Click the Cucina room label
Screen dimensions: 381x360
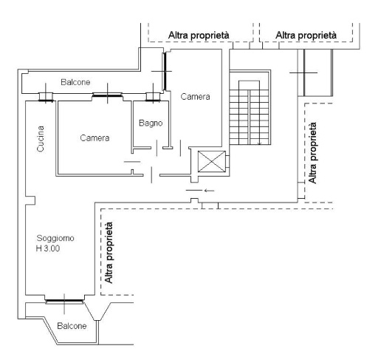click(x=41, y=139)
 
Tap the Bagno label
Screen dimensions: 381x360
click(x=151, y=123)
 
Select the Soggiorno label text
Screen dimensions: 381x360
click(x=55, y=238)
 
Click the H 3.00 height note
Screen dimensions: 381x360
click(x=48, y=248)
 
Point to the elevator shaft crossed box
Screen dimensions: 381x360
click(x=212, y=161)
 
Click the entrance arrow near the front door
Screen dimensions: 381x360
click(x=210, y=190)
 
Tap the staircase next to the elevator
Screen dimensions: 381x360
click(x=250, y=108)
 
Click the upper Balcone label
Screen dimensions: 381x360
click(x=75, y=82)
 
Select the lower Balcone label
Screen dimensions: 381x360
click(x=72, y=326)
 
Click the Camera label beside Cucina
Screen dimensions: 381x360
click(x=95, y=137)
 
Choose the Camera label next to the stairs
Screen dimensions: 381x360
click(x=195, y=96)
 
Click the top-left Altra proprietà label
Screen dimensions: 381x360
click(x=199, y=35)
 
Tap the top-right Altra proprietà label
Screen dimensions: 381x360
click(x=306, y=35)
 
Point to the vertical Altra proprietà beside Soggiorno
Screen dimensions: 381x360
click(x=109, y=253)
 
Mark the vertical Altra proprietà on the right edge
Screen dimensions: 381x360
click(x=312, y=153)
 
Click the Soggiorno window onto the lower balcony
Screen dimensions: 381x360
click(x=64, y=301)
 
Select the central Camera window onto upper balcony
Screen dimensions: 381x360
click(x=107, y=95)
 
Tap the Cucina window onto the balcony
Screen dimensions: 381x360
click(x=46, y=97)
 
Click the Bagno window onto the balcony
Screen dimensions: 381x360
click(x=153, y=97)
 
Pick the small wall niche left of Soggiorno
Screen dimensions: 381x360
click(x=30, y=200)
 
